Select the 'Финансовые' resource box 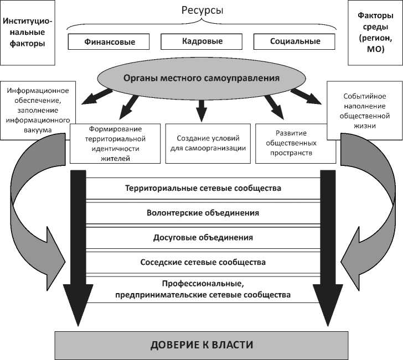[x=110, y=41]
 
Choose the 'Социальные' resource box [x=295, y=41]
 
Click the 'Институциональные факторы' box [x=28, y=32]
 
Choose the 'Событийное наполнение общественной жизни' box [x=364, y=110]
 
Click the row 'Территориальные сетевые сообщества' [x=203, y=188]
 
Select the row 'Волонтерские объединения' [x=203, y=212]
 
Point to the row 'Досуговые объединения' [x=203, y=237]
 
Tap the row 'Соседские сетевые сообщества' [x=203, y=262]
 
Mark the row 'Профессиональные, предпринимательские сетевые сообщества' [x=203, y=290]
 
